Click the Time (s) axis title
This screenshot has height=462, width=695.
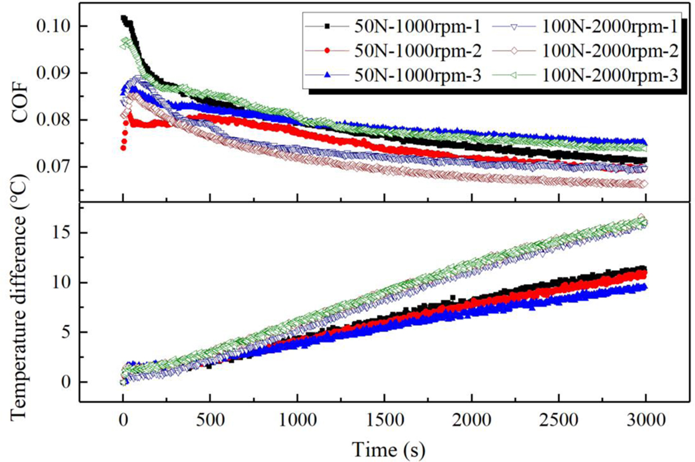coord(383,447)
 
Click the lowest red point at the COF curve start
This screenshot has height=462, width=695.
coord(123,148)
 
